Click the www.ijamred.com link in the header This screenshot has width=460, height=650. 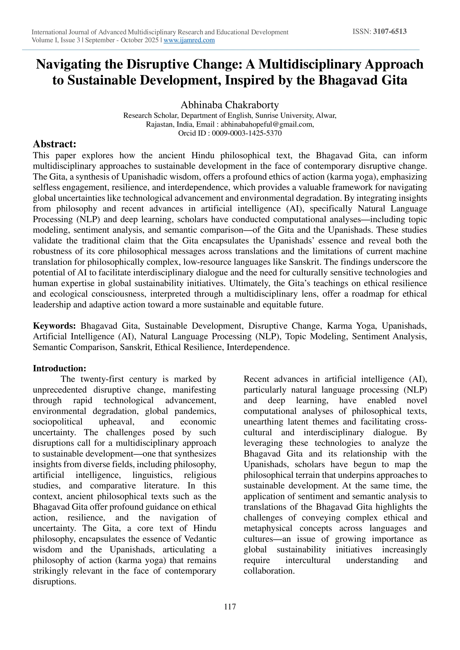click(x=189, y=40)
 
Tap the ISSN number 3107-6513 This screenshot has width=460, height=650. click(x=390, y=31)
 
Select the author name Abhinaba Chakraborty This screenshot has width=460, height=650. click(x=230, y=105)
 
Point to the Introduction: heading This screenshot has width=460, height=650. click(x=60, y=368)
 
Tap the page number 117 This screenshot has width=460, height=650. click(x=230, y=607)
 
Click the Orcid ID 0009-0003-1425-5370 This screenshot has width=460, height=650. click(x=247, y=133)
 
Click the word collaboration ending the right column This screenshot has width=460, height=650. click(x=269, y=571)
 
